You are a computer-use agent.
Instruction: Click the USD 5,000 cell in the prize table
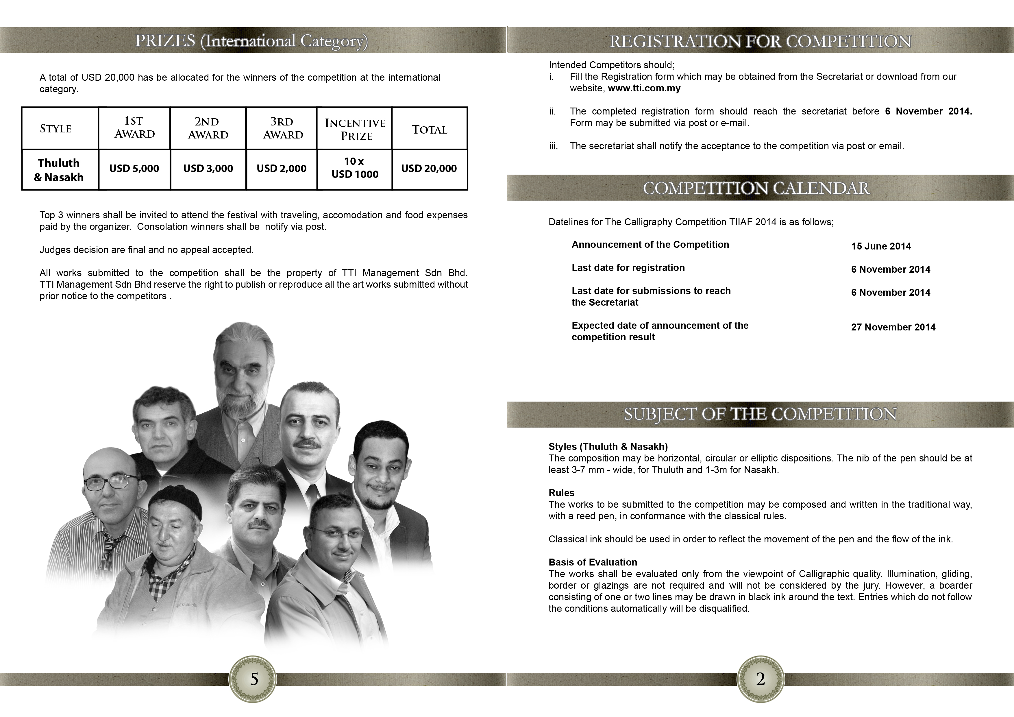134,168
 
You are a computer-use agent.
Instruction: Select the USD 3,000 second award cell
208,168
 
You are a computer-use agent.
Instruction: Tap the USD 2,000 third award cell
281,168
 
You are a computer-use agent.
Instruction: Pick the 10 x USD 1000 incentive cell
355,168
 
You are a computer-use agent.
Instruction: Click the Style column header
56,129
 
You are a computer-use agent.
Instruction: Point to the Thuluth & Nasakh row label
59,170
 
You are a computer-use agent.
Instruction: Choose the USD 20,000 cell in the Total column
429,168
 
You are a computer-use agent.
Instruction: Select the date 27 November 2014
893,327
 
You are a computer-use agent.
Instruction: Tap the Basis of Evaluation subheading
593,562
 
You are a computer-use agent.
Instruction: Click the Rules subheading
561,493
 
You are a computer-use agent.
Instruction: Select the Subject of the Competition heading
760,414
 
